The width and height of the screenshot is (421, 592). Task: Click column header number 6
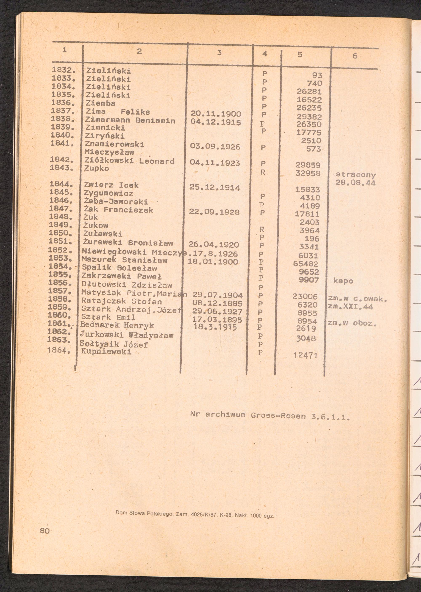(x=355, y=56)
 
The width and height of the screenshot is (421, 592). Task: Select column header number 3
(x=219, y=53)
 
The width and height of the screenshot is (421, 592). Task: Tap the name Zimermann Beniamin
(x=130, y=121)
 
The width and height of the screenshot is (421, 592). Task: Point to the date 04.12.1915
(x=215, y=122)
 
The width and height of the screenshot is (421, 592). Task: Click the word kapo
(x=343, y=281)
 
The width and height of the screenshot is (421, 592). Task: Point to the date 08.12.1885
(x=217, y=303)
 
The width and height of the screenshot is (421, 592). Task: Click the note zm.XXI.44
(x=350, y=307)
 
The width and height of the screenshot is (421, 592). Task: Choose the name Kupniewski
(x=106, y=352)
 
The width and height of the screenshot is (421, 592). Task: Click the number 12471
(x=305, y=355)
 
